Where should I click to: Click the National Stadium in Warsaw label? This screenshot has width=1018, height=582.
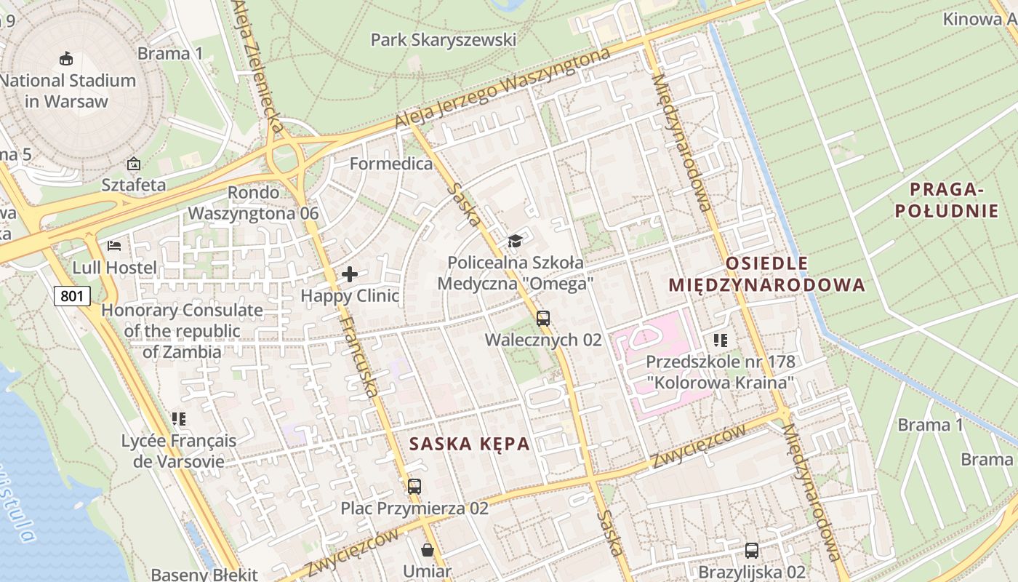(68, 91)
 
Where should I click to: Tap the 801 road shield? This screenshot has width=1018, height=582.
(73, 295)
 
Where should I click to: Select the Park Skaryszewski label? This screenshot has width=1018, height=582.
(444, 39)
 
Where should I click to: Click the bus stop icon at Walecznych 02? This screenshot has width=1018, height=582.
(543, 318)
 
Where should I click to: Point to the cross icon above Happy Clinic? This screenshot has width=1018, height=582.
(350, 274)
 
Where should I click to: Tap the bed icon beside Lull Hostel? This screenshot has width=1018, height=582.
(114, 245)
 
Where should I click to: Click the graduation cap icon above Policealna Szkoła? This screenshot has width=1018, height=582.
(515, 241)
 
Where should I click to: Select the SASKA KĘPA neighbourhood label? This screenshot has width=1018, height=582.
(469, 444)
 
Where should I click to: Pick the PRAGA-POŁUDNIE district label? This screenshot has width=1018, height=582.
(946, 200)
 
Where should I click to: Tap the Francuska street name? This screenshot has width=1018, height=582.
(358, 356)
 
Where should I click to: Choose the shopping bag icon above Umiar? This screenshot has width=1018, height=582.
(428, 550)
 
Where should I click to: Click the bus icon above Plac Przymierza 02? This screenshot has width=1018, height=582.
(414, 486)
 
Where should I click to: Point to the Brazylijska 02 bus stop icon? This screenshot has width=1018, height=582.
(752, 551)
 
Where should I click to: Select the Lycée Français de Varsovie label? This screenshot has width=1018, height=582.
(179, 451)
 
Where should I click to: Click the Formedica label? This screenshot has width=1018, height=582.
(391, 164)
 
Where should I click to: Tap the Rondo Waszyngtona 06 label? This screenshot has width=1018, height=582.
(253, 203)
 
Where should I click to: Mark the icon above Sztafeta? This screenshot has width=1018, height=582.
(133, 164)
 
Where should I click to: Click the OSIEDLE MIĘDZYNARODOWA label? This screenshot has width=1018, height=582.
(767, 274)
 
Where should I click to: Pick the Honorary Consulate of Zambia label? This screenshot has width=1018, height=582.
(182, 331)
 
